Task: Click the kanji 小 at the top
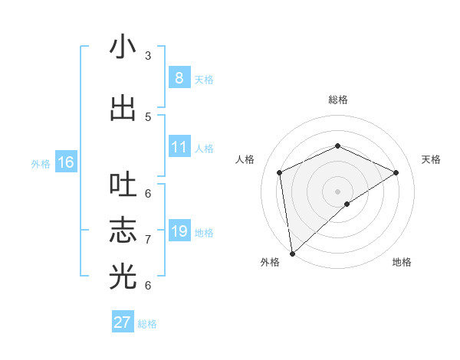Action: (123, 47)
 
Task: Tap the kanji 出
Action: (123, 108)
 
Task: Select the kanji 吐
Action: (123, 185)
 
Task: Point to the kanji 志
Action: (123, 231)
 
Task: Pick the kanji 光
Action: (123, 277)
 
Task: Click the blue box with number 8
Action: (179, 78)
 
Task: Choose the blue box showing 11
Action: (179, 147)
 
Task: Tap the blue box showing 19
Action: (179, 231)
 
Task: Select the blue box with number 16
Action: (66, 162)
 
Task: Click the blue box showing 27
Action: (123, 322)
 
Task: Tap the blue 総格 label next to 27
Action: (147, 324)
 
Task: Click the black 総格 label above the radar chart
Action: (337, 100)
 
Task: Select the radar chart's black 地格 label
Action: (402, 263)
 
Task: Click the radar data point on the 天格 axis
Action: (396, 172)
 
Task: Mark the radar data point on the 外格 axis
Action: (291, 254)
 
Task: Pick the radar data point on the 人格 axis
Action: (280, 172)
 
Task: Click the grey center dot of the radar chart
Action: (337, 191)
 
